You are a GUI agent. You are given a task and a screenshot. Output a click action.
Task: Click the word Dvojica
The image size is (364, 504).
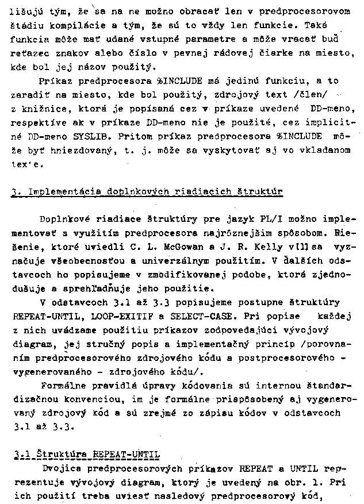click(59, 468)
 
